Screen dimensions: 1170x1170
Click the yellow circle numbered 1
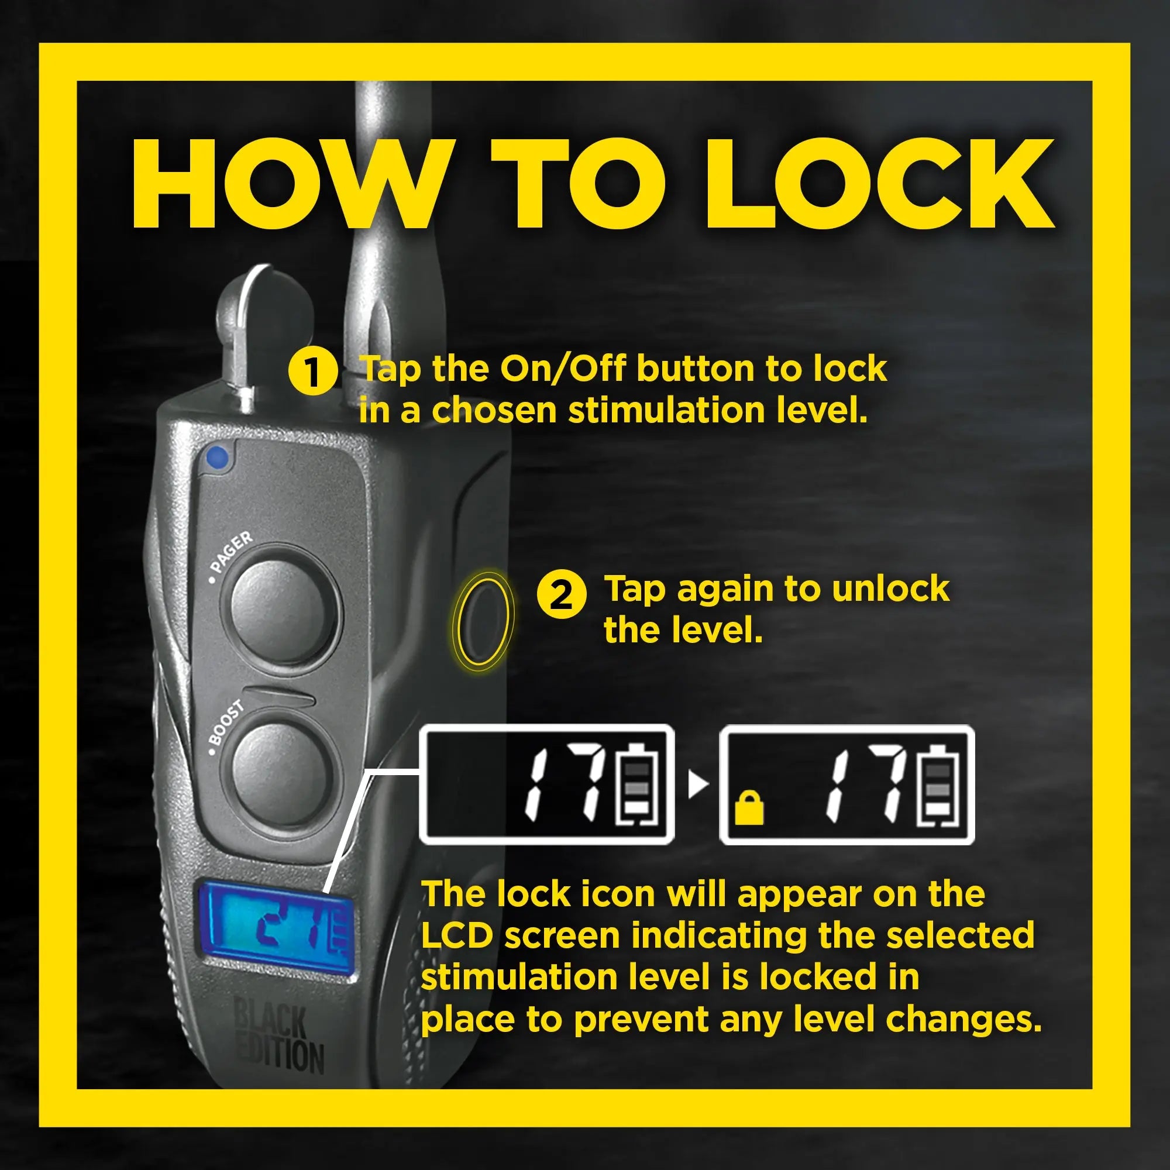[x=312, y=371]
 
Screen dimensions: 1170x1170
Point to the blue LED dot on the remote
[x=218, y=459]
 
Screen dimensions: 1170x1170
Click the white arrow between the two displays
[x=697, y=786]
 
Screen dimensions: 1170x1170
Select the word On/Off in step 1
[x=562, y=369]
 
